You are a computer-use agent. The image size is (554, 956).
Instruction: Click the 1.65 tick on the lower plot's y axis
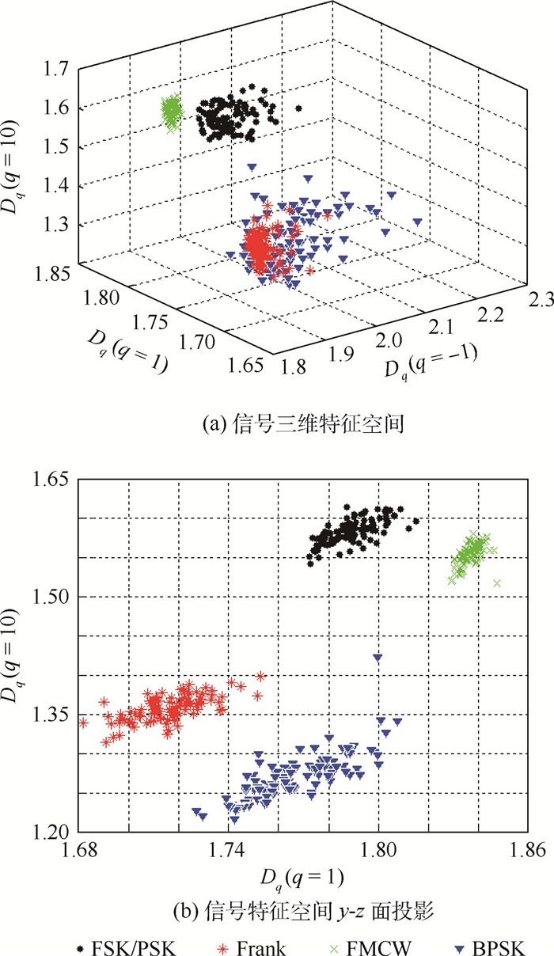point(55,480)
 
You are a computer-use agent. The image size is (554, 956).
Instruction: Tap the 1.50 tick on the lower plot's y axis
point(55,597)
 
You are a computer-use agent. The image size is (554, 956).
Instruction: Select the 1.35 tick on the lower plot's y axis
point(55,715)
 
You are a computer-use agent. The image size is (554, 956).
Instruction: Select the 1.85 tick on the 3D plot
point(49,275)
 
